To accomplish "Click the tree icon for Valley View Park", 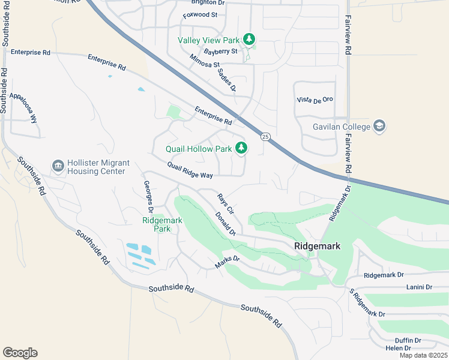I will coord(249,40).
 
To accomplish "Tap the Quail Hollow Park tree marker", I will coord(241,148).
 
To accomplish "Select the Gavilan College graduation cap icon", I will coord(379,126).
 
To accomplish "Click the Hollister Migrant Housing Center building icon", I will coord(58,166).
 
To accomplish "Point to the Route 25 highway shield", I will coord(265,137).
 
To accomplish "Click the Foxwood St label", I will coord(200,14).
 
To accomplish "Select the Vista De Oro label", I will coord(315,100).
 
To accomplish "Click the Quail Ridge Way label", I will coord(190,170).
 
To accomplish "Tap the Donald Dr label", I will coord(225,223).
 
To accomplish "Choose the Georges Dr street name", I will coord(148,196).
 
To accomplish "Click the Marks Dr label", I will coord(228,262).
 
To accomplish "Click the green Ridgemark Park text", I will coord(162,224).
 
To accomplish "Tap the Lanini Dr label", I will coord(419,287).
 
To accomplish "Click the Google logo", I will coord(20,353).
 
